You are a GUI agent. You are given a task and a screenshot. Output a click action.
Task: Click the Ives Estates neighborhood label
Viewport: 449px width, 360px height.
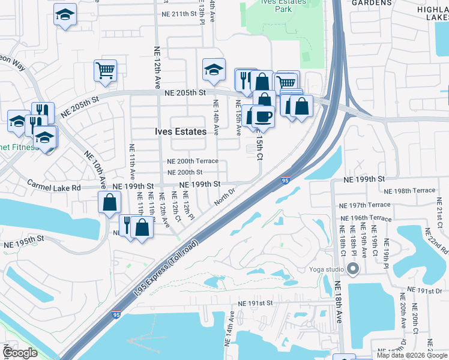pos(181,131)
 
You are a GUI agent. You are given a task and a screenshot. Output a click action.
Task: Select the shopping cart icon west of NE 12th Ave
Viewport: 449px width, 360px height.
pos(105,70)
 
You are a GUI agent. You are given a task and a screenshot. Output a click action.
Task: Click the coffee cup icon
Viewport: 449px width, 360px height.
pos(262,115)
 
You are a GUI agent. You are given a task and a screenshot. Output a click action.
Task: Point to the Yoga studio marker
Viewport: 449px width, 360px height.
pos(352,270)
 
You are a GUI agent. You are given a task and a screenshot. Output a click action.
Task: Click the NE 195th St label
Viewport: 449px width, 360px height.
pos(25,245)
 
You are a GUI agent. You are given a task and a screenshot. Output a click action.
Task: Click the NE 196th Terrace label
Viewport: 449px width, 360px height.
pos(366,218)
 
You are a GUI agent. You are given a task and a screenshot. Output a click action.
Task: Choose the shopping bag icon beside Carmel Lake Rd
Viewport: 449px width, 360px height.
pos(110,202)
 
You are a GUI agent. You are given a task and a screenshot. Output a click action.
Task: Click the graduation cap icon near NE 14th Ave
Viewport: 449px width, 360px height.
pos(213,71)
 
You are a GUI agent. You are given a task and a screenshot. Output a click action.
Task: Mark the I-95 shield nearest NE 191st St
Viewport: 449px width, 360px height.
pos(116,314)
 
